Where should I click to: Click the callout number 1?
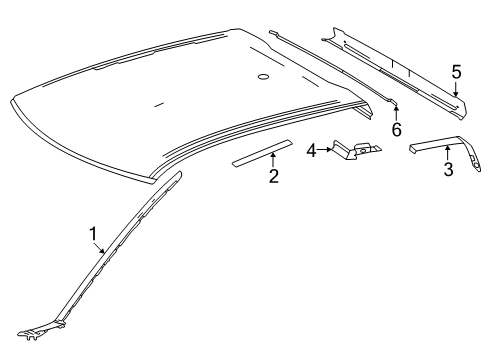pyautogui.click(x=93, y=234)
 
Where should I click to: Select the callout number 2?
pyautogui.click(x=274, y=176)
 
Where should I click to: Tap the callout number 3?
pyautogui.click(x=448, y=169)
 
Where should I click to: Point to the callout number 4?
pyautogui.click(x=311, y=150)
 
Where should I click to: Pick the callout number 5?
pyautogui.click(x=456, y=72)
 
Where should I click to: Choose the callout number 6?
pyautogui.click(x=396, y=129)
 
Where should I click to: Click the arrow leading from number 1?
pyautogui.click(x=99, y=248)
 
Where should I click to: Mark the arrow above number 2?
pyautogui.click(x=273, y=159)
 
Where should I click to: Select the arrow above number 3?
pyautogui.click(x=448, y=153)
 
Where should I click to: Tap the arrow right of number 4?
pyautogui.click(x=324, y=150)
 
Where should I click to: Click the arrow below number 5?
pyautogui.click(x=456, y=89)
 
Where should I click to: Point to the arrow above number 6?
pyautogui.click(x=396, y=113)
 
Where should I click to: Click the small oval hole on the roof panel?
pyautogui.click(x=263, y=77)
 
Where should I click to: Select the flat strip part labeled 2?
pyautogui.click(x=262, y=153)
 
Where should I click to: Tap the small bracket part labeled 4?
pyautogui.click(x=357, y=149)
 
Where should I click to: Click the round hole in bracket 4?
pyautogui.click(x=363, y=150)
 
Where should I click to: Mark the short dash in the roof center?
pyautogui.click(x=159, y=105)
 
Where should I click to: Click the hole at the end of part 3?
pyautogui.click(x=477, y=166)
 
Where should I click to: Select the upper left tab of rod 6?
pyautogui.click(x=274, y=32)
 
